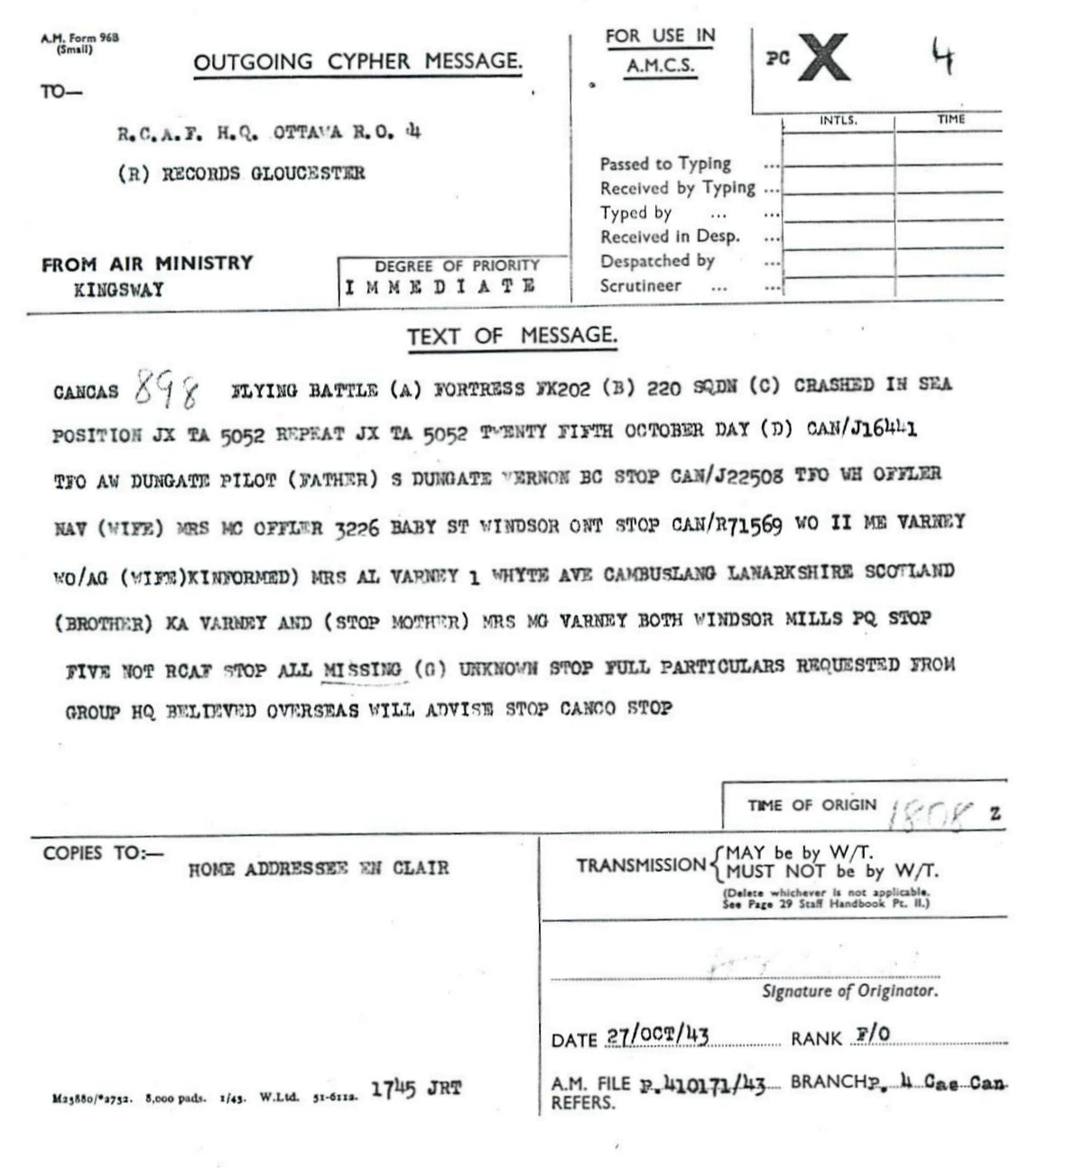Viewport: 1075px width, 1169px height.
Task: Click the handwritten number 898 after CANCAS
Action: point(168,390)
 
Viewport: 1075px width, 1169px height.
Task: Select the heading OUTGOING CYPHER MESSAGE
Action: point(357,62)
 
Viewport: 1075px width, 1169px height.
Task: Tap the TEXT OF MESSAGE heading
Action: point(512,337)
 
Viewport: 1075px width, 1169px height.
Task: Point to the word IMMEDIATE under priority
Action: point(440,287)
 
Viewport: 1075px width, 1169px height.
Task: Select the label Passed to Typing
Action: point(665,163)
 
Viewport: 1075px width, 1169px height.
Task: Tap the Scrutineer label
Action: point(641,286)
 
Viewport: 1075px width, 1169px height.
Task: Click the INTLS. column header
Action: point(838,120)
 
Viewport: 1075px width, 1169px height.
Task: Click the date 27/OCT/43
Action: point(656,1035)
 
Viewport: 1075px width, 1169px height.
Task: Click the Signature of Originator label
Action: point(849,991)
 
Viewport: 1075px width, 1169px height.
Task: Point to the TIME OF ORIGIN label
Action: point(811,805)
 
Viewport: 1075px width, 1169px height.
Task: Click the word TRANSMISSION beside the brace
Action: point(641,865)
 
